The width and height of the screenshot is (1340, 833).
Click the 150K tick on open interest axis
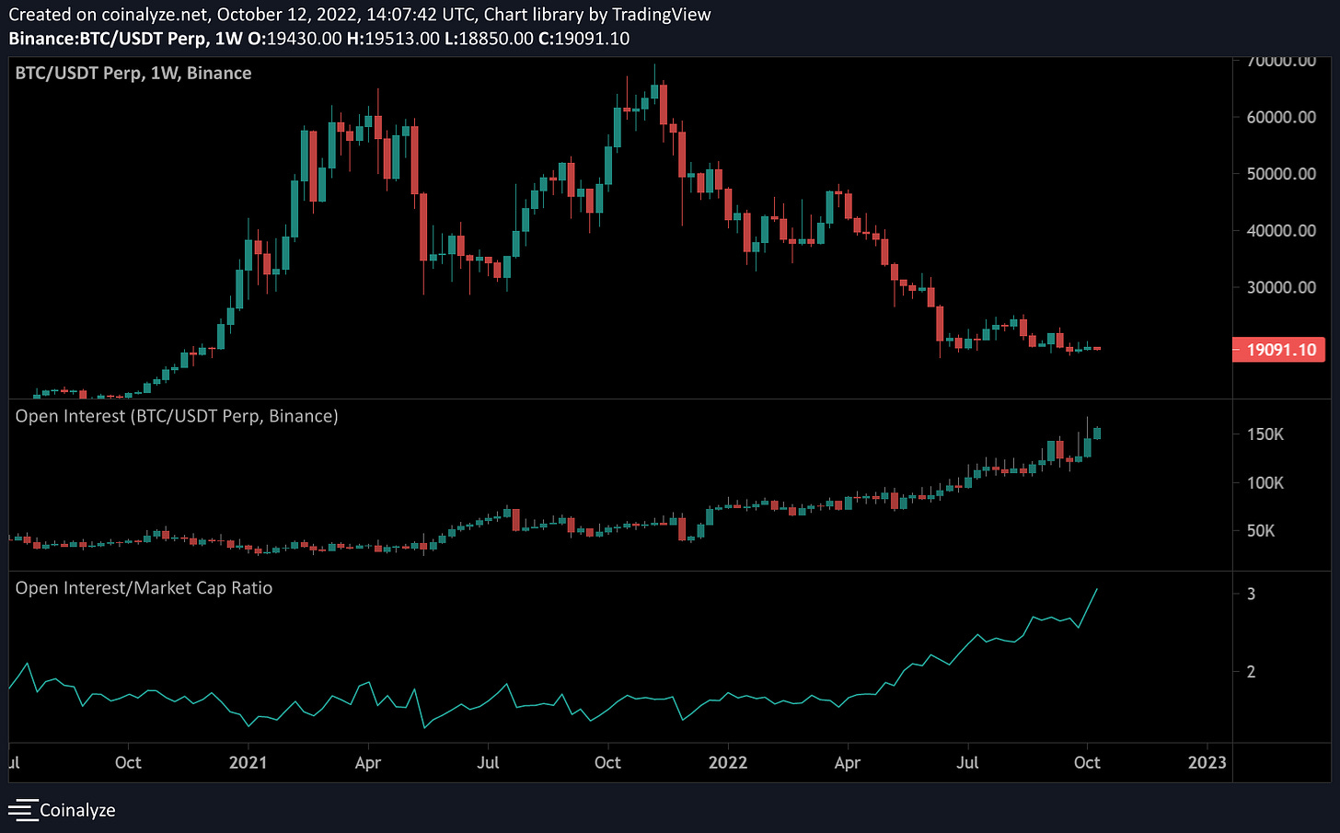(x=1265, y=434)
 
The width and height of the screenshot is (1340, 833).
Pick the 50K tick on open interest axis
(x=1261, y=531)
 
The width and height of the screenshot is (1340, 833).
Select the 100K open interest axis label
(x=1265, y=482)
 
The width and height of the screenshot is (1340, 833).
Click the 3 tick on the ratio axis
(x=1251, y=594)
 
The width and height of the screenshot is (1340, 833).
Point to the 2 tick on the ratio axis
(x=1251, y=672)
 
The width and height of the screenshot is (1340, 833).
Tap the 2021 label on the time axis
(x=248, y=762)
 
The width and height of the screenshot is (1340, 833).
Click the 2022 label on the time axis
(x=727, y=762)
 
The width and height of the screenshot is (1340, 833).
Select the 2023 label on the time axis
(x=1207, y=762)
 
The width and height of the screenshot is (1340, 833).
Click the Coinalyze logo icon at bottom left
(x=23, y=810)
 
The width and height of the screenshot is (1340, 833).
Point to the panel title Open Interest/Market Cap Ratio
(x=144, y=588)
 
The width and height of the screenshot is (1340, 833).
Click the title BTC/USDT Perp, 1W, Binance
(x=133, y=74)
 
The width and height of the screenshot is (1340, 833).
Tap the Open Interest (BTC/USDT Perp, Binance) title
(x=177, y=416)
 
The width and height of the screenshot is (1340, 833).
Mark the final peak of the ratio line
(x=1097, y=589)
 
